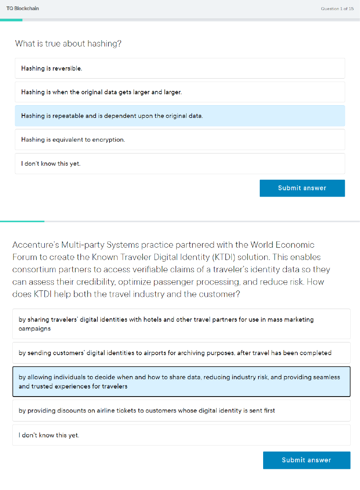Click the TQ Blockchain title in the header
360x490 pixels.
23,8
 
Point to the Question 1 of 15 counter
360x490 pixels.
337,9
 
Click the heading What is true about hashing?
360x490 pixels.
68,44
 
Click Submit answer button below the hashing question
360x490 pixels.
302,188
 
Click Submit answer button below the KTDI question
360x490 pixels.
306,460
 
